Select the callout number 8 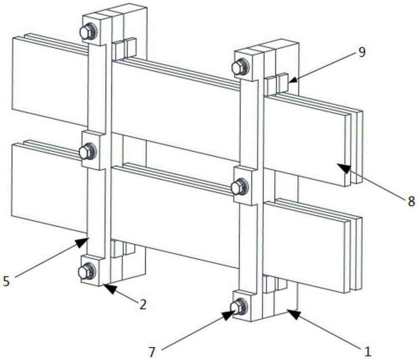[411, 201]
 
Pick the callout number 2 [143, 304]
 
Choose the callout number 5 [6, 281]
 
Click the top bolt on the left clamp [88, 32]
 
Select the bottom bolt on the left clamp [87, 271]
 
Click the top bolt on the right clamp [240, 67]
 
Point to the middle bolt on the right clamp [240, 186]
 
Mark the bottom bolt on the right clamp [239, 306]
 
